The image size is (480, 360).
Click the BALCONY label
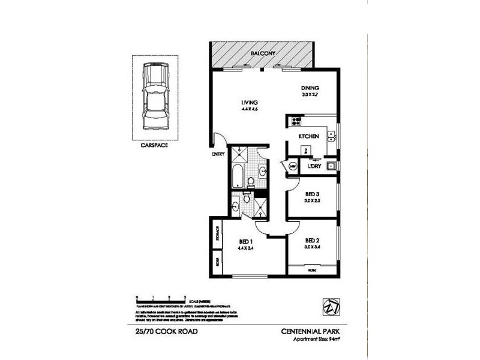coord(262,53)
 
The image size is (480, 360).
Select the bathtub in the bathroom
coord(237,176)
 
